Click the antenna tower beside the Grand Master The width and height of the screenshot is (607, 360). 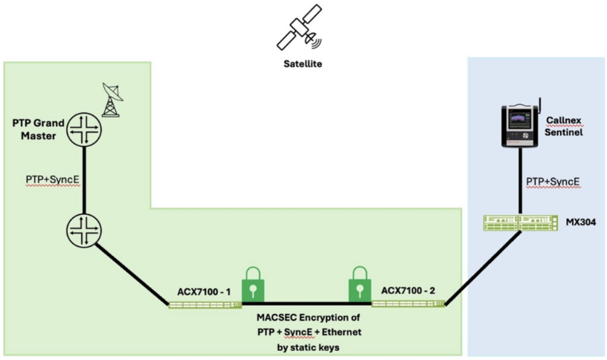(112, 100)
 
